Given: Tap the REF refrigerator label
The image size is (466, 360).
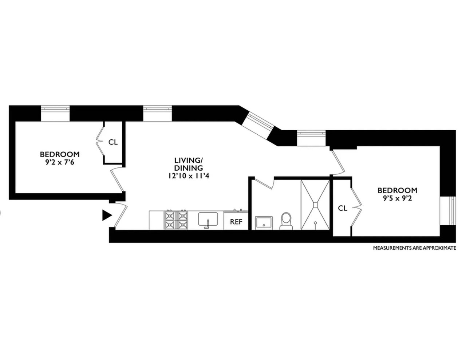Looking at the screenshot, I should [236, 222].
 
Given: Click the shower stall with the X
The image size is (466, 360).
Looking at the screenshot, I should [315, 205].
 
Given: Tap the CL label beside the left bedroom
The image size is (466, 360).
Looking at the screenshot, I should [113, 142].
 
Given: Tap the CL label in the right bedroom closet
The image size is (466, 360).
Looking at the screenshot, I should [343, 208].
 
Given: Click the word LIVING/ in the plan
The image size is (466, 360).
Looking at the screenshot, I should [188, 160].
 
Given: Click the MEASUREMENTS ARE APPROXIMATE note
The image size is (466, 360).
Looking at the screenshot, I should [414, 248].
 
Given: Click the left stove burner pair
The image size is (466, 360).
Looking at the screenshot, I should [170, 220].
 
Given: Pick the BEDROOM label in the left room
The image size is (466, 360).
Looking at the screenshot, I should [59, 154].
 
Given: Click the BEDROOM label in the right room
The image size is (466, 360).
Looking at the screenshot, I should [397, 190].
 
